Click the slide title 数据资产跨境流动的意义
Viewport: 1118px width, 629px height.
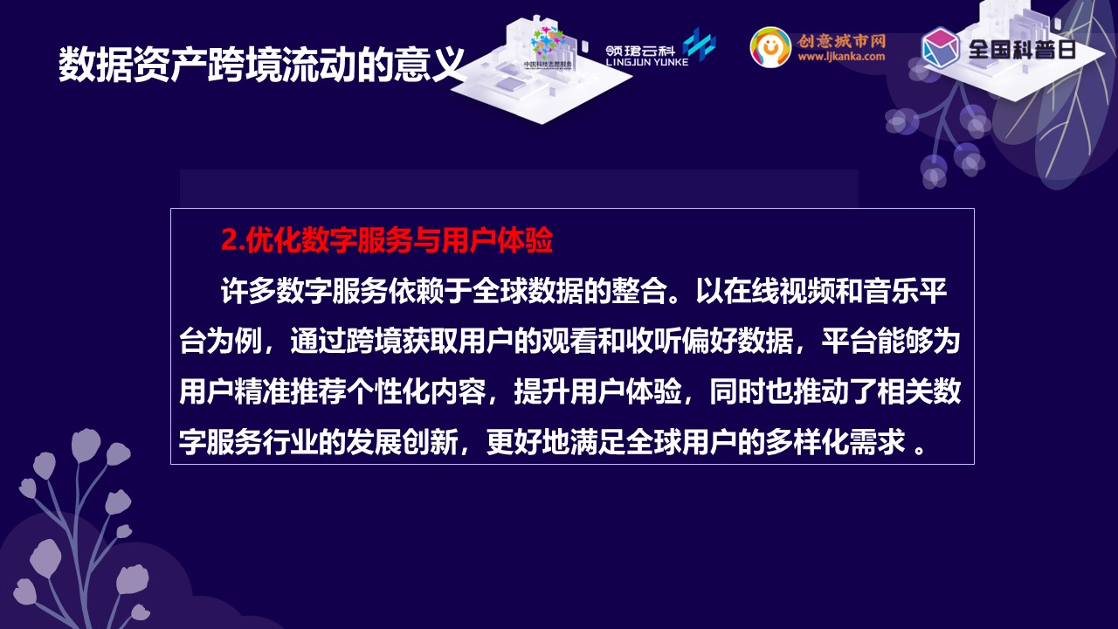pos(261,65)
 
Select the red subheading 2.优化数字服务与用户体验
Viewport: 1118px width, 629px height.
pos(387,240)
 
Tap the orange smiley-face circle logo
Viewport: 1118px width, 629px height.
pos(770,47)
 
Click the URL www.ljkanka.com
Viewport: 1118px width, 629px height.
pos(841,57)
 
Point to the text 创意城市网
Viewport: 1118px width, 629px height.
pos(841,40)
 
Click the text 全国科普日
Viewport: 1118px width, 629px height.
pos(1022,49)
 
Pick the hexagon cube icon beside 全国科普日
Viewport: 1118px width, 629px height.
pos(941,47)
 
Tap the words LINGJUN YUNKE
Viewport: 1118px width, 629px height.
pos(647,62)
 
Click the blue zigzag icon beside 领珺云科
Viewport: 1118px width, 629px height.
pos(700,44)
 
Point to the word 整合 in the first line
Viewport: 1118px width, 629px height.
pos(638,291)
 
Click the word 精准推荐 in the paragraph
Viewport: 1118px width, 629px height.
pos(290,391)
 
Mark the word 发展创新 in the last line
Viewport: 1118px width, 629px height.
pos(402,442)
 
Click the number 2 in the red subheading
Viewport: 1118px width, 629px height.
pos(228,240)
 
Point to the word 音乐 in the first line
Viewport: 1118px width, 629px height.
pos(891,291)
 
